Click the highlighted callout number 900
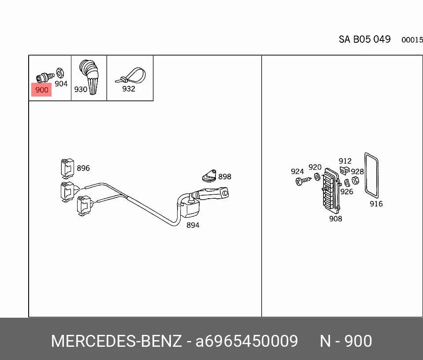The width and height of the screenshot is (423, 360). pyautogui.click(x=41, y=90)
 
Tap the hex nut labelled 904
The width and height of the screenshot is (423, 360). pyautogui.click(x=59, y=73)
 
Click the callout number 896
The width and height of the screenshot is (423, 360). pyautogui.click(x=83, y=168)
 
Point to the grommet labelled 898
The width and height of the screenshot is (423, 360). pyautogui.click(x=209, y=175)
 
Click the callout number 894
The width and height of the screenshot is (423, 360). pyautogui.click(x=193, y=225)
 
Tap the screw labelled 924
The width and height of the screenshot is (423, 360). pyautogui.click(x=303, y=181)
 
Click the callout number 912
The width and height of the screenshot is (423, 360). pyautogui.click(x=345, y=161)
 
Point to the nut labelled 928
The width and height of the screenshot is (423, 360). pyautogui.click(x=355, y=180)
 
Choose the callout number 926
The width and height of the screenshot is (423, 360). pyautogui.click(x=347, y=192)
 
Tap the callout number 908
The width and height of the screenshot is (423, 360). pyautogui.click(x=336, y=219)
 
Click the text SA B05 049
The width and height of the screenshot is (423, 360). pyautogui.click(x=364, y=39)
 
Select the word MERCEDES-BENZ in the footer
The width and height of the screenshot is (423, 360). pyautogui.click(x=116, y=341)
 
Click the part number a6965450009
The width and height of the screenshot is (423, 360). pyautogui.click(x=247, y=341)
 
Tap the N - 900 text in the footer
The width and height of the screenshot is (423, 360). pyautogui.click(x=346, y=341)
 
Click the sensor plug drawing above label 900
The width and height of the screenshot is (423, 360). pyautogui.click(x=45, y=77)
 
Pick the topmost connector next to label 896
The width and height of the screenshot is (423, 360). pyautogui.click(x=67, y=168)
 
